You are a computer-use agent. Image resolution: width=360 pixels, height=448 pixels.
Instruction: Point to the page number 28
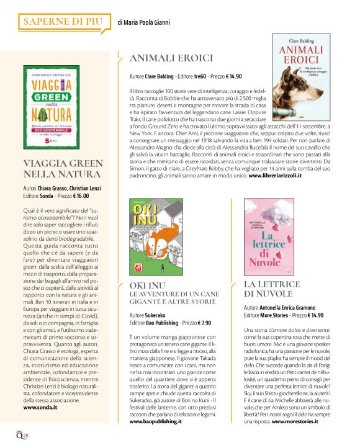coord(24,436)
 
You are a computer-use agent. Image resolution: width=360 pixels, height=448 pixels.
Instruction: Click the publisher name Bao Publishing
coord(164,323)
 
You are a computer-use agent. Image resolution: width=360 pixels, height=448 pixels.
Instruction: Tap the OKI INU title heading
coord(146,285)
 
